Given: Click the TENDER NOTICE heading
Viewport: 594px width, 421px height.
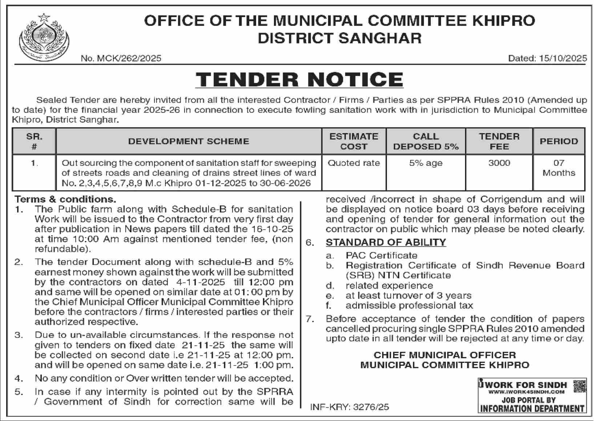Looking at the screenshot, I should point(299,79).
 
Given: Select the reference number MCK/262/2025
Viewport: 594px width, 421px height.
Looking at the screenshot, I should point(121,58).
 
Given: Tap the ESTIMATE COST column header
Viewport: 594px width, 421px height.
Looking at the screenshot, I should point(353,141).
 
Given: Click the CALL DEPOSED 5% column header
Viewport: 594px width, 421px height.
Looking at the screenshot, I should point(425,141).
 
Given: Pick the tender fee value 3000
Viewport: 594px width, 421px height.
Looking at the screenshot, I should point(499,163).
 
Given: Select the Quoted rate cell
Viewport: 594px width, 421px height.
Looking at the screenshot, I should point(353,163).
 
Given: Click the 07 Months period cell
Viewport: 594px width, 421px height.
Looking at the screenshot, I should point(558,168).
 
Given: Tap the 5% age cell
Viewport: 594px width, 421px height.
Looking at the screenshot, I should point(425,163).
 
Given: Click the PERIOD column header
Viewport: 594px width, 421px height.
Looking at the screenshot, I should point(558,141).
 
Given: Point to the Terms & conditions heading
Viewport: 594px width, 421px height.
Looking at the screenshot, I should point(65,199).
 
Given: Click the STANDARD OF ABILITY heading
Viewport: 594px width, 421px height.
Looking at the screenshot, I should point(385,242).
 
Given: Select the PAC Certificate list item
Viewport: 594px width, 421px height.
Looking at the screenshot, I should point(381,256).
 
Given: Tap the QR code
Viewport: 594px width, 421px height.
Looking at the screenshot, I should point(579,386).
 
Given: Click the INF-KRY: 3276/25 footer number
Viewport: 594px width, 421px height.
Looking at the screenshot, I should point(349,407).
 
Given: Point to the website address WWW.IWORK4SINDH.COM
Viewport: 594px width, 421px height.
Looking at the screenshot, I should point(526,392).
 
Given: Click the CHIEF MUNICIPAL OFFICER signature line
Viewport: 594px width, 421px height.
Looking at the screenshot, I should point(444,355).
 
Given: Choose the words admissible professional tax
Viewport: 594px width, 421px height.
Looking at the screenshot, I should point(409,306).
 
